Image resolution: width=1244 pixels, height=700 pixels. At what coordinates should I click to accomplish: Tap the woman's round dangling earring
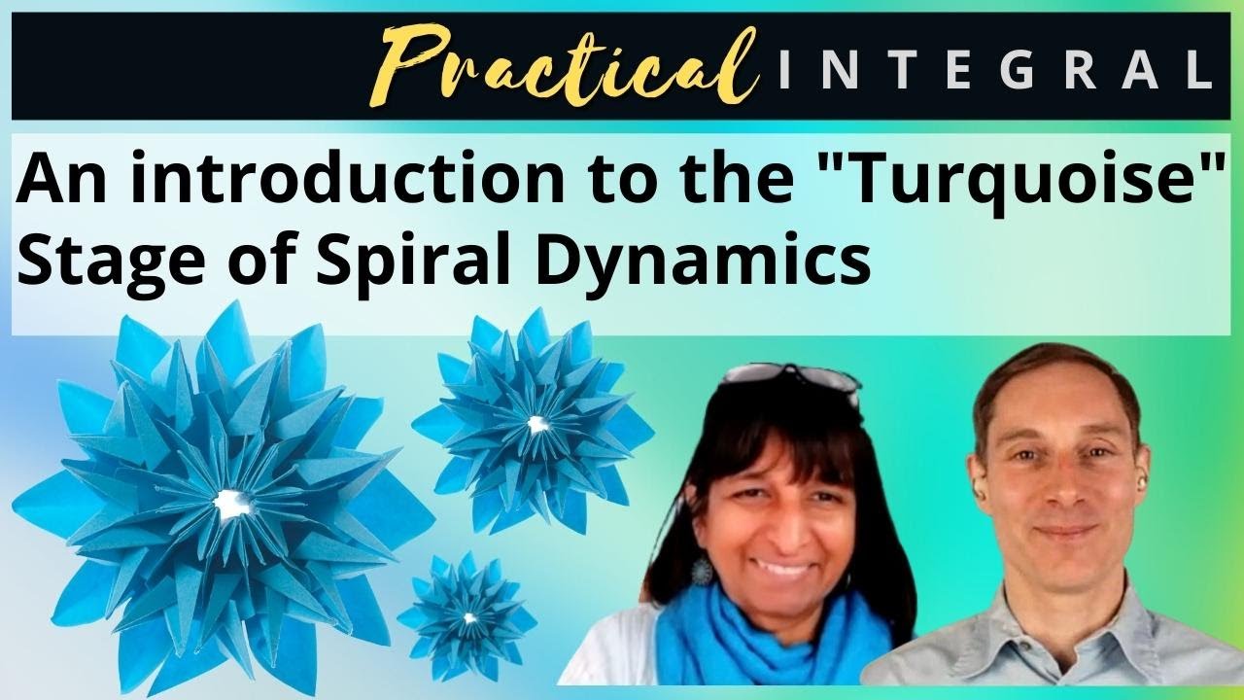(x=701, y=571)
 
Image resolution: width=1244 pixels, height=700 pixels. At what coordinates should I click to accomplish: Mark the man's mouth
(x=1063, y=532)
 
